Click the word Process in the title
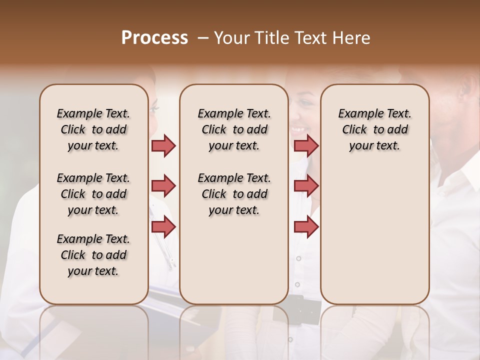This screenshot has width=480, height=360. [x=154, y=38]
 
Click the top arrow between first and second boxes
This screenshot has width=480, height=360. [x=163, y=145]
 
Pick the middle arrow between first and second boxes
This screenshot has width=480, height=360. [x=163, y=186]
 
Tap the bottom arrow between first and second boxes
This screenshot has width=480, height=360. [x=163, y=226]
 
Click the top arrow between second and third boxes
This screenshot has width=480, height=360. [x=306, y=145]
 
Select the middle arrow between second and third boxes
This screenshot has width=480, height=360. [x=306, y=186]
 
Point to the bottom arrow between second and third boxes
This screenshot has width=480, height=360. [x=306, y=226]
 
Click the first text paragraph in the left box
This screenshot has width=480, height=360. [x=93, y=129]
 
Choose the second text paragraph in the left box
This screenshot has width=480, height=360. [x=93, y=194]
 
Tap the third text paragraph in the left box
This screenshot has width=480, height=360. [x=93, y=255]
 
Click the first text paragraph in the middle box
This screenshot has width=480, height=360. [x=234, y=129]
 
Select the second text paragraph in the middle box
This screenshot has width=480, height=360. [x=234, y=194]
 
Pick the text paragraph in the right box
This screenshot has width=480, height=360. [x=374, y=129]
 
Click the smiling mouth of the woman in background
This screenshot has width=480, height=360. [x=298, y=129]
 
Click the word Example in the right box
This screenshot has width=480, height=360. [x=356, y=114]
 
